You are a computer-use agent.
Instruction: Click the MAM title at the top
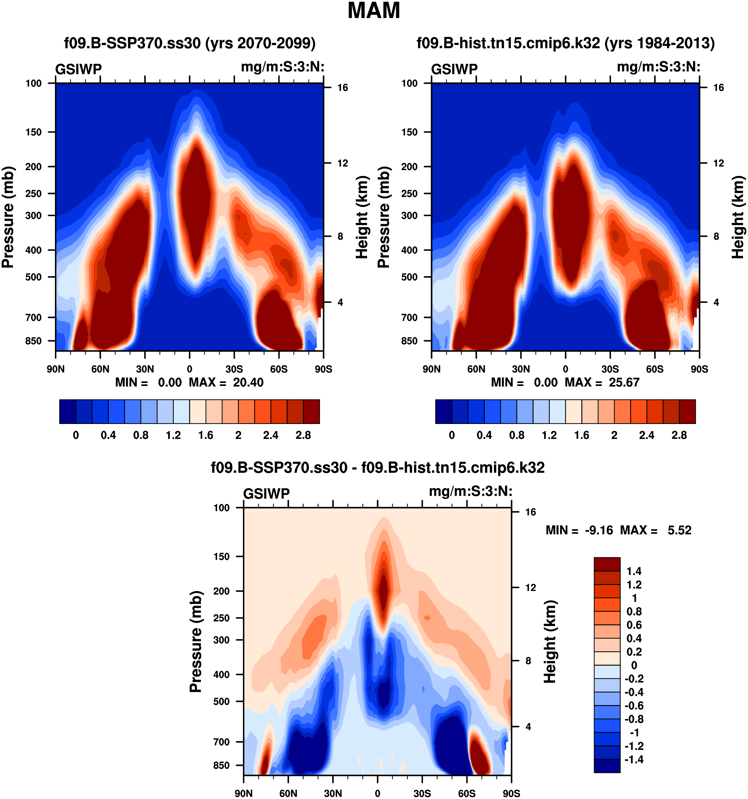point(374,11)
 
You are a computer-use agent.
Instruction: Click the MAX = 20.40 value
point(226,382)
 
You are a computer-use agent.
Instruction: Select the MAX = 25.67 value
point(602,382)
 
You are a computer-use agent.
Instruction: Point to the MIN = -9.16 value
point(579,530)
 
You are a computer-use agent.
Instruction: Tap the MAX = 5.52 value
point(656,530)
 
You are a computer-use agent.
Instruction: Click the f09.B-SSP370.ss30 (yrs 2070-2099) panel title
point(190,43)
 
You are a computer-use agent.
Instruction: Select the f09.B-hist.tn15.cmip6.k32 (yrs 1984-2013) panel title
point(565,43)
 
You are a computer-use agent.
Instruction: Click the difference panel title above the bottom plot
point(378,467)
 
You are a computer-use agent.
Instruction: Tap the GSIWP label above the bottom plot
point(266,493)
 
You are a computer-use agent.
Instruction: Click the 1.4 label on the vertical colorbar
point(634,571)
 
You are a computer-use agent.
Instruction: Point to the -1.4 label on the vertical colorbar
point(634,759)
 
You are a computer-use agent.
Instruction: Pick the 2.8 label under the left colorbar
point(303,435)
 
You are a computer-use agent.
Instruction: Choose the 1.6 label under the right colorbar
point(582,435)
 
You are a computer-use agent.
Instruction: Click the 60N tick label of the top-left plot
point(100,369)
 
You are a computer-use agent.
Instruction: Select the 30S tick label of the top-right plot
point(610,369)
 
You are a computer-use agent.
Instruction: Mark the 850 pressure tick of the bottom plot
point(221,765)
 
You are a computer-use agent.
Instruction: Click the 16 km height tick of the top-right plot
point(719,88)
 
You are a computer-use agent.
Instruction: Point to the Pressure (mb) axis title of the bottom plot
point(196,642)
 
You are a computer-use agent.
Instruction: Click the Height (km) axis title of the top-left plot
point(362,217)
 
